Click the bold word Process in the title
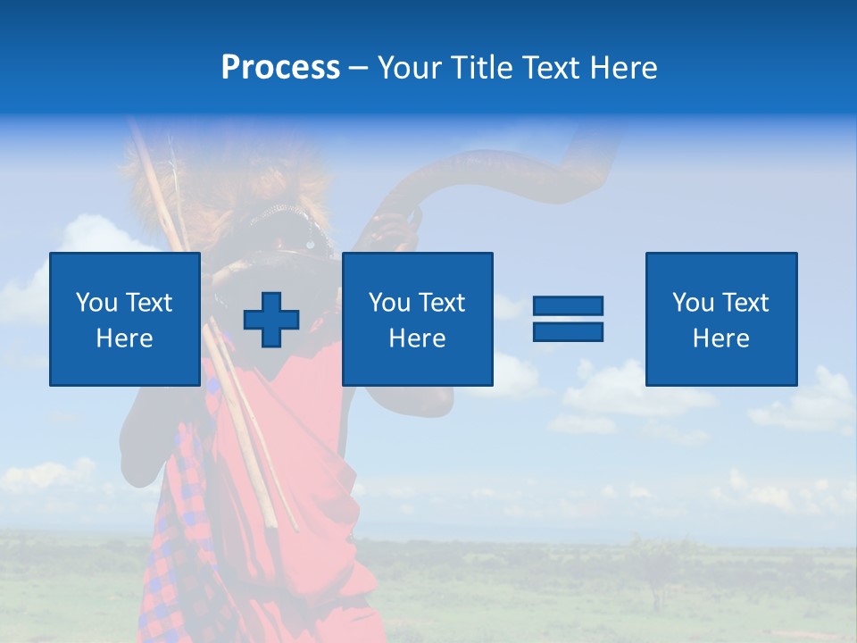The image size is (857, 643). tap(280, 68)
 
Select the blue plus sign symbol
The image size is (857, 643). tap(271, 319)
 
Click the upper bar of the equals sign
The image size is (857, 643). tap(568, 305)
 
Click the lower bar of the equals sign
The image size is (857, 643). tap(568, 331)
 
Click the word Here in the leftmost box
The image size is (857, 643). tap(125, 338)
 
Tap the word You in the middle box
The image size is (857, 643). tap(389, 303)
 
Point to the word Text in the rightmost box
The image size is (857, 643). tap(745, 303)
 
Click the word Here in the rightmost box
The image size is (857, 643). tap(721, 338)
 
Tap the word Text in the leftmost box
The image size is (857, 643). tap(149, 303)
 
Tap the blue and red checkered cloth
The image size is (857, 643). tap(174, 536)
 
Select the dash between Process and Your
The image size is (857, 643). tap(358, 68)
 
